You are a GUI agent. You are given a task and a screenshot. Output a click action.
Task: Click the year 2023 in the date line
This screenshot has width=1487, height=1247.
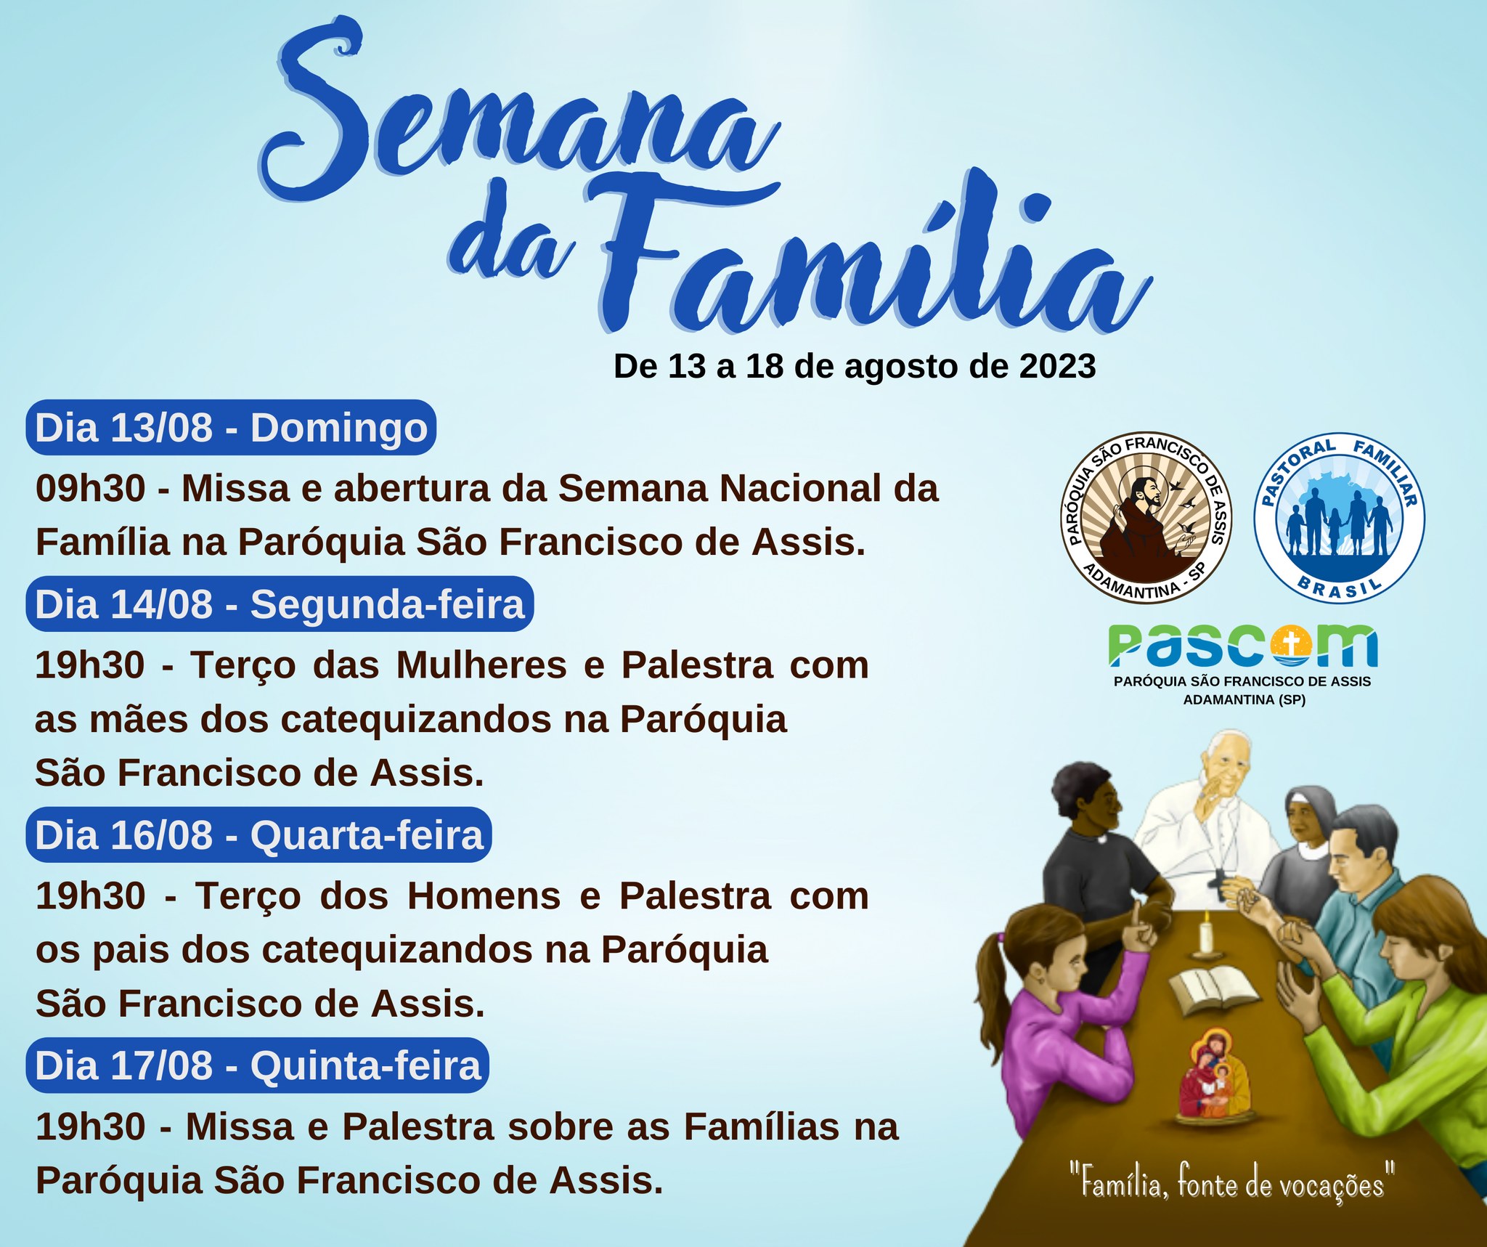click(x=1057, y=366)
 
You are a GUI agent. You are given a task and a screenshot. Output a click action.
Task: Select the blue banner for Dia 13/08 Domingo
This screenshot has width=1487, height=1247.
click(x=231, y=427)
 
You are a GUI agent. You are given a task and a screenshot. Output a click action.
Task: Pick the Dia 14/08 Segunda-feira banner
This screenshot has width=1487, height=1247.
click(x=280, y=604)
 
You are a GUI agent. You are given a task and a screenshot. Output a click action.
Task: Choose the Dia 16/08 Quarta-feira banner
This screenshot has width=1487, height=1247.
click(x=259, y=834)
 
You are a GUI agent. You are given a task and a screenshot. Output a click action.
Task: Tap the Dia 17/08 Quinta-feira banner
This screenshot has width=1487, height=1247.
click(x=258, y=1065)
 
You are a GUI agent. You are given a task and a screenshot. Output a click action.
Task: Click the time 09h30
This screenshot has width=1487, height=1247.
click(x=91, y=488)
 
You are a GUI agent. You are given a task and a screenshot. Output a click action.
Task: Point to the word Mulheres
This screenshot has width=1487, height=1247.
click(x=481, y=665)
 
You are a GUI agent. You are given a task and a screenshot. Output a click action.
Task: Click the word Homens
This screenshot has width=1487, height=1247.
click(x=484, y=895)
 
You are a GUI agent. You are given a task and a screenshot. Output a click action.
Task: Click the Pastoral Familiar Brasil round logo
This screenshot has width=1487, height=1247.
click(x=1340, y=519)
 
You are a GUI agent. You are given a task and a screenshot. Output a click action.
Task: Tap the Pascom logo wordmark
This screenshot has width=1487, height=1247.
click(x=1242, y=646)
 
